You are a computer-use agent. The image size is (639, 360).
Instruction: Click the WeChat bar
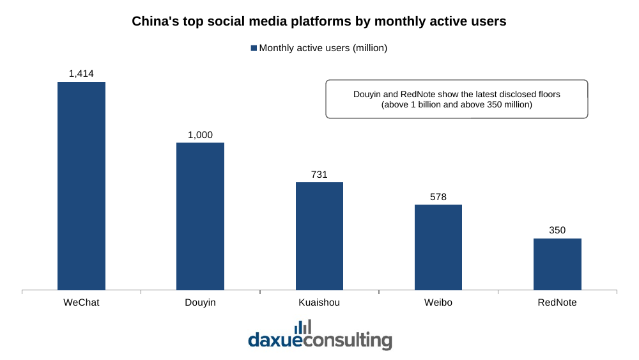pyautogui.click(x=82, y=186)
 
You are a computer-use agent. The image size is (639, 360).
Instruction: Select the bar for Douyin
pyautogui.click(x=200, y=217)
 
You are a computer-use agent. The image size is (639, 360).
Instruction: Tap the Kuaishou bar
pyautogui.click(x=319, y=236)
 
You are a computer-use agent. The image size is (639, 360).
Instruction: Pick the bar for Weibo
pyautogui.click(x=438, y=247)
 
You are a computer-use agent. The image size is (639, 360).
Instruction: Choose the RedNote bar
pyautogui.click(x=557, y=264)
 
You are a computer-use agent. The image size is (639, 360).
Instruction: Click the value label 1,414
pyautogui.click(x=81, y=74)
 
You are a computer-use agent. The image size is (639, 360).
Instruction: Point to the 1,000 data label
pyautogui.click(x=200, y=135)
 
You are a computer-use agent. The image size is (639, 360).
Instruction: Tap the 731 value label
pyautogui.click(x=319, y=175)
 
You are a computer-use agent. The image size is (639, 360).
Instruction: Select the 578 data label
pyautogui.click(x=438, y=197)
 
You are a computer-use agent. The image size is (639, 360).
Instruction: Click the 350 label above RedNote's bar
pyautogui.click(x=557, y=230)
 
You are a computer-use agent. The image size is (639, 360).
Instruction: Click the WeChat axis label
pyautogui.click(x=81, y=302)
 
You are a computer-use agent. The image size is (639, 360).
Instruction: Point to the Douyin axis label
pyautogui.click(x=200, y=302)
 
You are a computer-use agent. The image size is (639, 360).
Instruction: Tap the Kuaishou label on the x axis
pyautogui.click(x=319, y=302)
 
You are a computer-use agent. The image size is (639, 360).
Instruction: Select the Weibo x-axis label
pyautogui.click(x=438, y=302)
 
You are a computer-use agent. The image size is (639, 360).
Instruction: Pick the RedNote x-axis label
pyautogui.click(x=557, y=302)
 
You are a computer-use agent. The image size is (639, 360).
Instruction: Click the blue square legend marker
pyautogui.click(x=254, y=48)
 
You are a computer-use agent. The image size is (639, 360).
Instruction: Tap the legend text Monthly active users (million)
pyautogui.click(x=323, y=48)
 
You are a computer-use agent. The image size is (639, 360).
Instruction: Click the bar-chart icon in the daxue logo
pyautogui.click(x=303, y=327)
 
